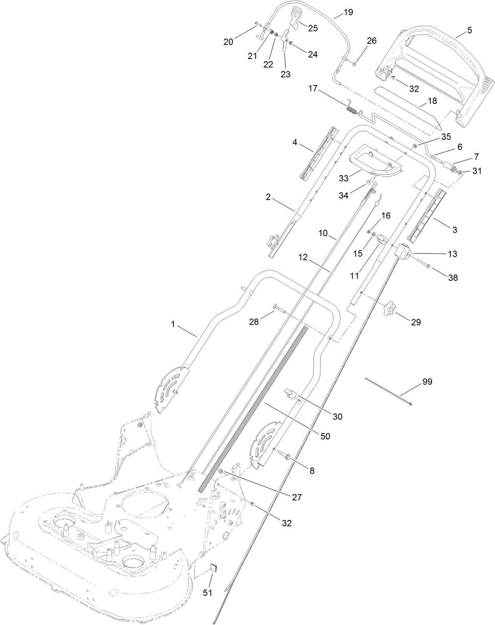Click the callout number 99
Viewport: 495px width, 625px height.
tap(427, 381)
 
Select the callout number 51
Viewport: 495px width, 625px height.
tap(207, 593)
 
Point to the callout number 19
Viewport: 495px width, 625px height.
tap(348, 12)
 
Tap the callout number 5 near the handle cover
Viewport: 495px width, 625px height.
tap(469, 30)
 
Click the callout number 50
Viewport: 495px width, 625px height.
tap(325, 436)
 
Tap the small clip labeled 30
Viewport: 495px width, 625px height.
tap(290, 393)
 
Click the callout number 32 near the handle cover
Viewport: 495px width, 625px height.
tap(414, 89)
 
